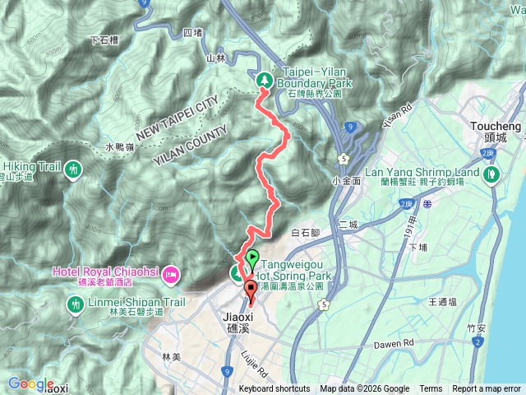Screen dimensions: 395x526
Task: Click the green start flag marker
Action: tap(252, 258)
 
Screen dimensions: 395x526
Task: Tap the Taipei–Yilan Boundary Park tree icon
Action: tap(265, 80)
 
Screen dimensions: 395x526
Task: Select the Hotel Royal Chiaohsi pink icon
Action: tap(171, 272)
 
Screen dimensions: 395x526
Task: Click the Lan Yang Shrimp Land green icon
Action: tap(492, 174)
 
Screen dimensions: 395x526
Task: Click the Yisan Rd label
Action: tap(396, 116)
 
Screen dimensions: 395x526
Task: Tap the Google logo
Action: tap(30, 383)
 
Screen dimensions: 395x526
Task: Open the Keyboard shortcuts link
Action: tap(275, 389)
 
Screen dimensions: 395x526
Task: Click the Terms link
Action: tap(431, 389)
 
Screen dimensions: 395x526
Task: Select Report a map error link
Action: tap(487, 389)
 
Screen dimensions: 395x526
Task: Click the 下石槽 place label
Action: tap(104, 39)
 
